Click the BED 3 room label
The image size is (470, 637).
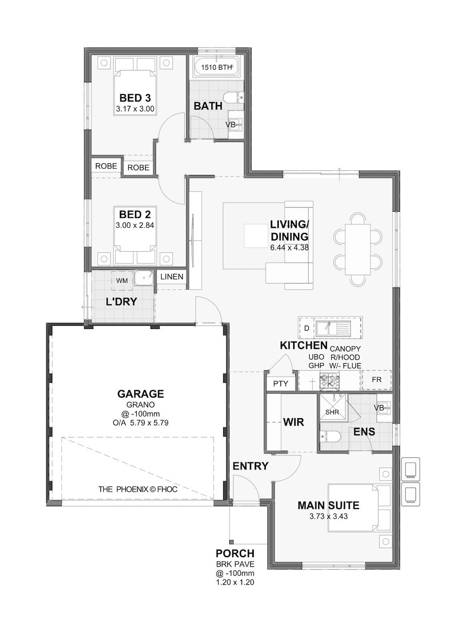click(x=135, y=98)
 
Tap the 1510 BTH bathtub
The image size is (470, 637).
click(x=216, y=67)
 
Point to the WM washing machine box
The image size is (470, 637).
click(x=122, y=280)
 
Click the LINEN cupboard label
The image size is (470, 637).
click(x=172, y=277)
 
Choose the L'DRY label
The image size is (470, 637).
click(x=121, y=302)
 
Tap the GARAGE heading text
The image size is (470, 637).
click(x=141, y=394)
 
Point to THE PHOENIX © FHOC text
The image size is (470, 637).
click(x=138, y=489)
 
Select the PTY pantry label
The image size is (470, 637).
click(x=280, y=384)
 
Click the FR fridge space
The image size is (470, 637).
click(x=376, y=380)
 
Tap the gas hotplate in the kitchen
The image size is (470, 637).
click(x=329, y=380)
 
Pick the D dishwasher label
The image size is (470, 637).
click(x=306, y=328)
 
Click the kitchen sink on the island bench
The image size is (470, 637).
click(x=333, y=328)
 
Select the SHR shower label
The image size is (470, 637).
click(x=332, y=412)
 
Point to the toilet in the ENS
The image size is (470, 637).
click(x=330, y=437)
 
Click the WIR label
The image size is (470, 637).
click(x=294, y=422)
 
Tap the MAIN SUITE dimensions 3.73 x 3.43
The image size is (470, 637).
click(x=328, y=516)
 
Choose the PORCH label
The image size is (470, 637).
click(x=235, y=553)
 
